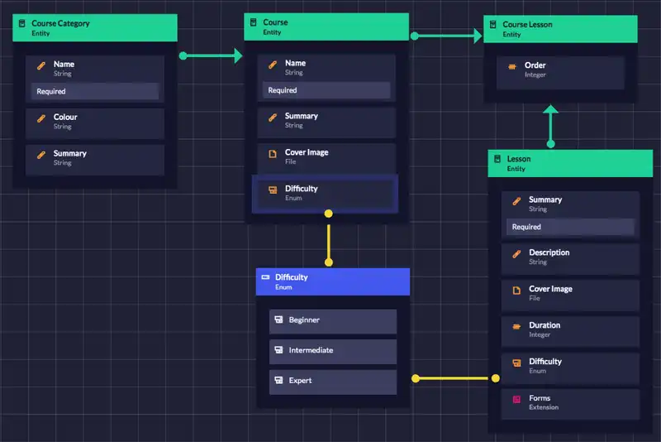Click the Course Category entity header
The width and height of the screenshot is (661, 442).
click(95, 28)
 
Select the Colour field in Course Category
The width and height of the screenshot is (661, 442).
click(95, 122)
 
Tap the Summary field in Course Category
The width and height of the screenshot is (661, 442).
click(95, 158)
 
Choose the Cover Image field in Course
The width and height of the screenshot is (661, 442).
click(326, 157)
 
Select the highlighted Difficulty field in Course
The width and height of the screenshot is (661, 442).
click(326, 193)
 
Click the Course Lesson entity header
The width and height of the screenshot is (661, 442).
click(560, 29)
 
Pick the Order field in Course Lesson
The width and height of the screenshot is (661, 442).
click(560, 70)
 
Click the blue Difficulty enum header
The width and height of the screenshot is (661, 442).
click(333, 281)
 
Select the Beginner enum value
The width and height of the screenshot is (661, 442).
click(333, 320)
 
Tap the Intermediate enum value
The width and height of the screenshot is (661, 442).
click(333, 351)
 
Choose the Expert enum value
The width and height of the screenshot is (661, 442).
click(333, 381)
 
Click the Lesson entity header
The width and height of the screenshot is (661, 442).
click(564, 163)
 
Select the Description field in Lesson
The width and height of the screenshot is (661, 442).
click(570, 257)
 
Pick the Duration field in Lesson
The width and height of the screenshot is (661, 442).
click(570, 329)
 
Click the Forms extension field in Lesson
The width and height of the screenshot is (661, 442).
click(570, 402)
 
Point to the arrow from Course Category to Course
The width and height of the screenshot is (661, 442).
click(212, 56)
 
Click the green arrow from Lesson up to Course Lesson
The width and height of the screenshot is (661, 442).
click(551, 126)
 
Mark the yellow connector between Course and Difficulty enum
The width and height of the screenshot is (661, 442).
click(329, 238)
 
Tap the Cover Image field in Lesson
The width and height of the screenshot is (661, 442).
click(570, 293)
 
